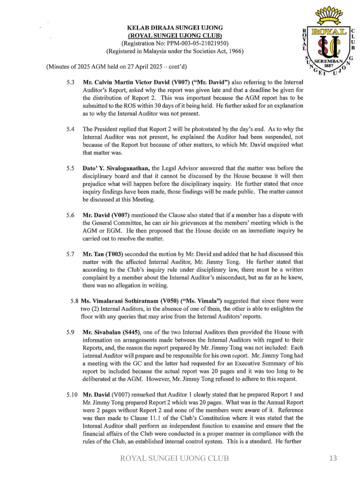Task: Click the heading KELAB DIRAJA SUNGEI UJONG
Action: click(x=175, y=28)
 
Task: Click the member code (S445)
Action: click(x=124, y=332)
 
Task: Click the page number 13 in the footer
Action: click(x=333, y=458)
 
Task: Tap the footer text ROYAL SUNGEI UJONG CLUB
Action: click(x=175, y=458)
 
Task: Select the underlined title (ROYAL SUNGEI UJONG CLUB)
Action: click(x=175, y=36)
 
